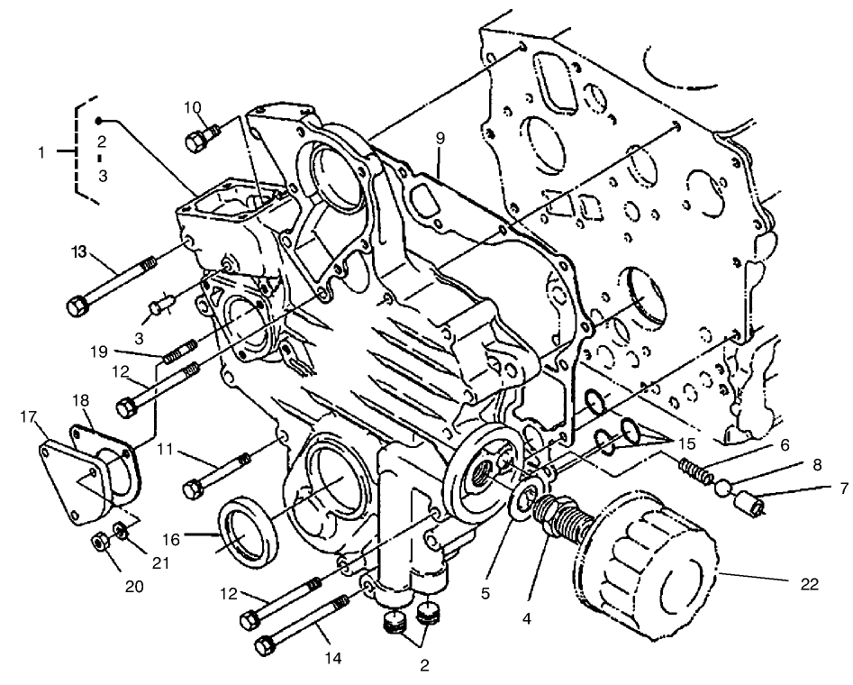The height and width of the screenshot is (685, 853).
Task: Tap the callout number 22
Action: tap(809, 584)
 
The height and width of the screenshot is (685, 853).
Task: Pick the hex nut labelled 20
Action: tap(100, 544)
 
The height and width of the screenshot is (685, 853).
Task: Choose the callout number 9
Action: tap(440, 139)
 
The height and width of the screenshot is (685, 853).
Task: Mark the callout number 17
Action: tap(27, 416)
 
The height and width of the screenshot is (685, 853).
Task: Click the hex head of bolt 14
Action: tap(267, 645)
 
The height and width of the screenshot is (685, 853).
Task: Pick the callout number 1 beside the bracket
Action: tap(41, 152)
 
